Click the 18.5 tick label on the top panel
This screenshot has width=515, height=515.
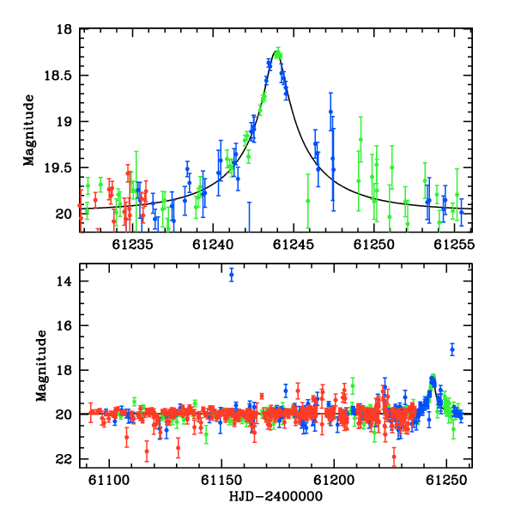(58, 76)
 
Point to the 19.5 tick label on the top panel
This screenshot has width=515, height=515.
(58, 168)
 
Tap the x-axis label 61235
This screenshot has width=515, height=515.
(132, 245)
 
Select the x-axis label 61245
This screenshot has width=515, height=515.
(294, 245)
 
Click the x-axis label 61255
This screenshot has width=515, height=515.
(454, 245)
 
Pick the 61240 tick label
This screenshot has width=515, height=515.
(213, 245)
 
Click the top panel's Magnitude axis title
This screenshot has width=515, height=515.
(29, 130)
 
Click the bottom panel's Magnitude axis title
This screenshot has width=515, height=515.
(41, 366)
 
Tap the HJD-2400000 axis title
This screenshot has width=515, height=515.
(276, 496)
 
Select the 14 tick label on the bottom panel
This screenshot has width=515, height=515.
(64, 282)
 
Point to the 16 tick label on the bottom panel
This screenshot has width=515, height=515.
(64, 326)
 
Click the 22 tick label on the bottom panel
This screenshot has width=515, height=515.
(64, 459)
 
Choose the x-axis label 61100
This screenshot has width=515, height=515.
(109, 481)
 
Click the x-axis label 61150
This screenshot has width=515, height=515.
(221, 481)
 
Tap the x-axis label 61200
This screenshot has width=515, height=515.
(334, 481)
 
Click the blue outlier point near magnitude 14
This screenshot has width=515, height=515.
(232, 275)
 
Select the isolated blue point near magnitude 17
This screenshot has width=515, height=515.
(452, 350)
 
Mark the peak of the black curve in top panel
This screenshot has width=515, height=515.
(276, 51)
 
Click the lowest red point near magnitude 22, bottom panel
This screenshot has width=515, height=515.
(394, 457)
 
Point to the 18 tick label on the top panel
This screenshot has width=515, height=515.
(64, 29)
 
